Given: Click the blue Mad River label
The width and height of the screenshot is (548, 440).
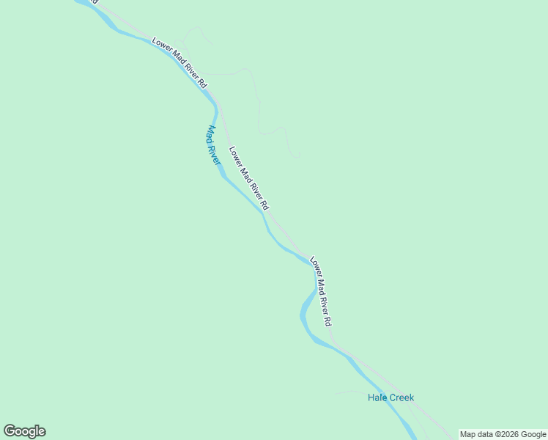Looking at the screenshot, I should [212, 145].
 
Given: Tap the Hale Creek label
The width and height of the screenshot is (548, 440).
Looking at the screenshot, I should [390, 397].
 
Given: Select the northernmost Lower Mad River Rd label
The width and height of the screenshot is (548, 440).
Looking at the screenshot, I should [180, 62].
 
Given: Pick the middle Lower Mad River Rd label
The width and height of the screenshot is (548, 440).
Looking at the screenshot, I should [249, 177].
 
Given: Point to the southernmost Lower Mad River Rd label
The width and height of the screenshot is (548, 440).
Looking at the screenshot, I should [322, 291].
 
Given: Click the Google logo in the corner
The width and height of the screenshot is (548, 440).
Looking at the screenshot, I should [24, 431].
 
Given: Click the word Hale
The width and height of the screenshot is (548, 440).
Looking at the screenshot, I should [377, 397].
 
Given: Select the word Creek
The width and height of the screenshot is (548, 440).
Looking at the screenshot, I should [401, 397].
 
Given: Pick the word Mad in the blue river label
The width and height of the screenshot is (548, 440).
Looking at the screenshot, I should [210, 133].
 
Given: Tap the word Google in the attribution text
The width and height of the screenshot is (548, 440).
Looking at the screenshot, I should [535, 434].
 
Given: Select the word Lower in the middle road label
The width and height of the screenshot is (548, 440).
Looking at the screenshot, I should [234, 155].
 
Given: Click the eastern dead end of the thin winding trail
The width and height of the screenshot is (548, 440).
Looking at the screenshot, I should [299, 156].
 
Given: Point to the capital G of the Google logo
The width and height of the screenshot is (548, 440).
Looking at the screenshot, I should [10, 431].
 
